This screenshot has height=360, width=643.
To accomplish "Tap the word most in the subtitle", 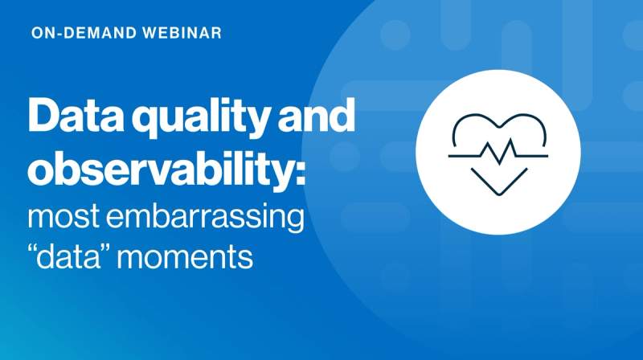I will coord(63,219).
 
